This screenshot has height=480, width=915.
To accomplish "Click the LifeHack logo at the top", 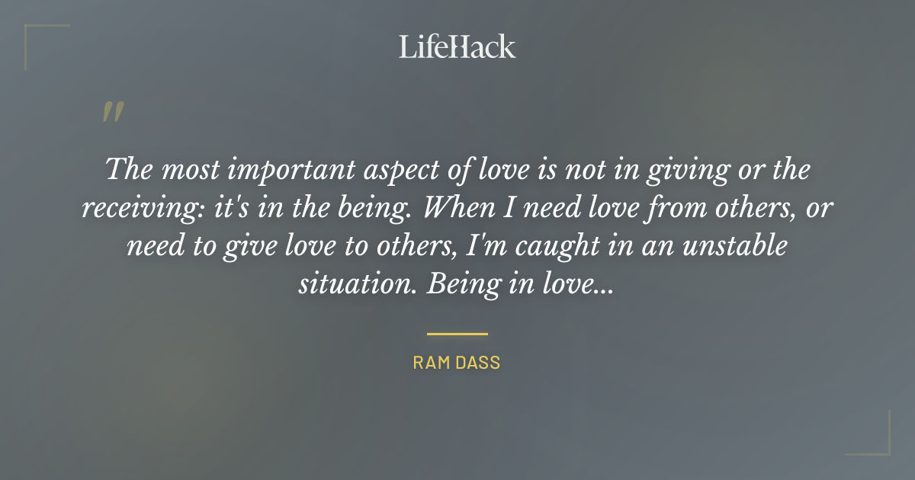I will click(457, 47).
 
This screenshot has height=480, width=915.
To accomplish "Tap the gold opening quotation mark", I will click(112, 112).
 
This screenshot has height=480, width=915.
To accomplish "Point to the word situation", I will click(357, 284).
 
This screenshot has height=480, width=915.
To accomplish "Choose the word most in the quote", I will click(187, 169).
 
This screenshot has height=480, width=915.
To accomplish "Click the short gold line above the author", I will click(457, 334).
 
